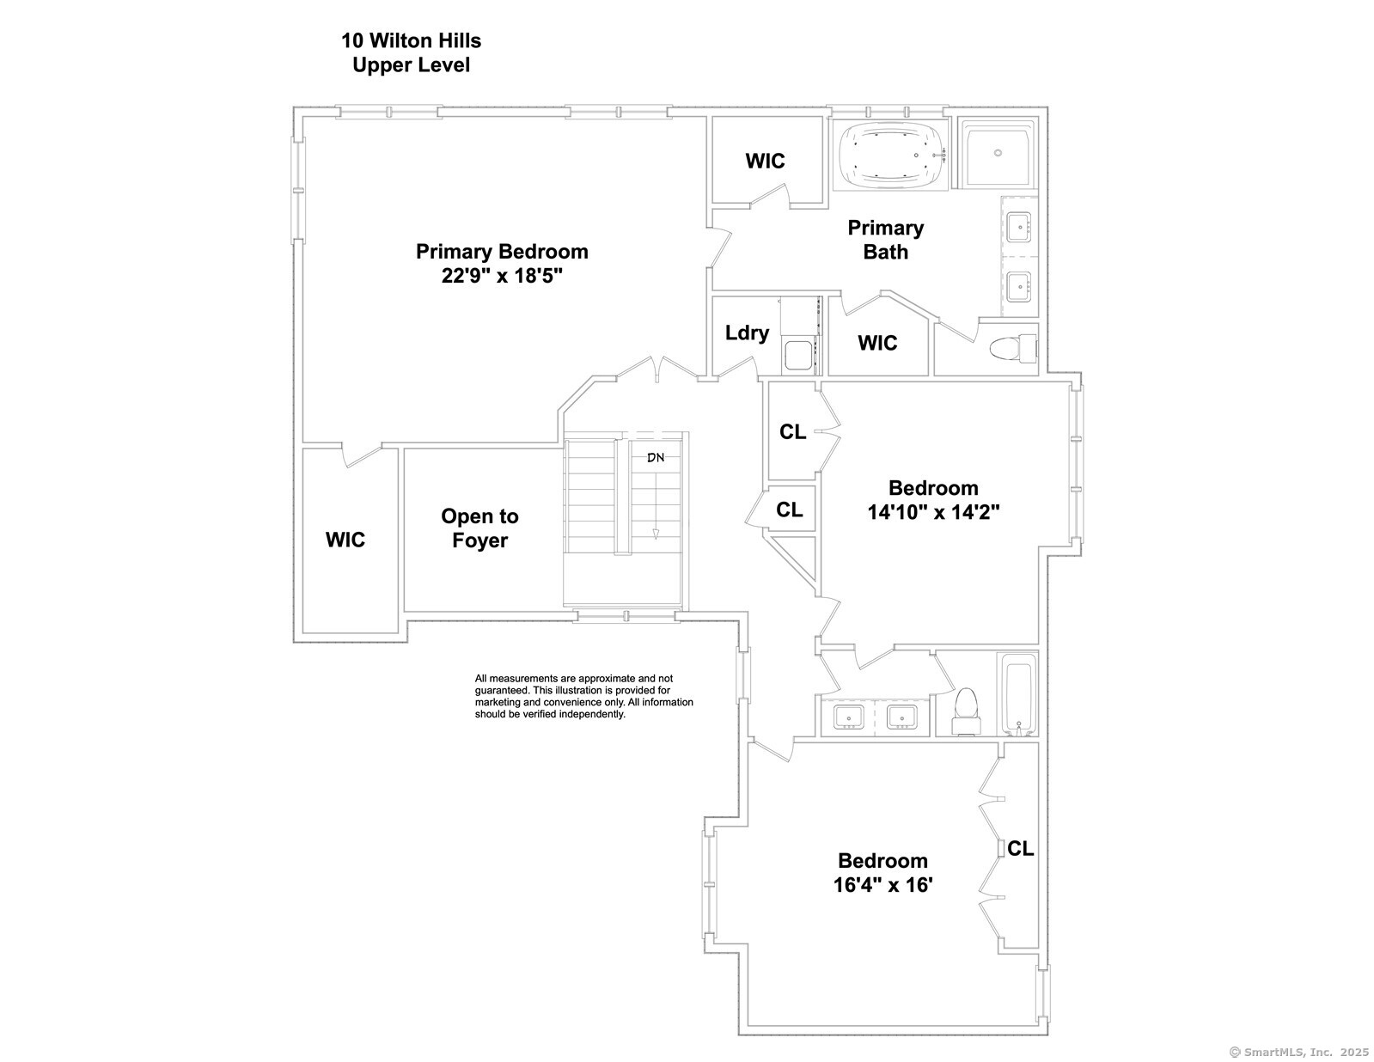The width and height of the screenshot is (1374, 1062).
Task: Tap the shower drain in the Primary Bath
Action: pos(998,152)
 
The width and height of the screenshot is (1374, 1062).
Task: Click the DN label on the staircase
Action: pos(656,457)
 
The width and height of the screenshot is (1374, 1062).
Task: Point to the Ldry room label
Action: pos(747,333)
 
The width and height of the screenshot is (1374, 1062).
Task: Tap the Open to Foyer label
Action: pos(479,528)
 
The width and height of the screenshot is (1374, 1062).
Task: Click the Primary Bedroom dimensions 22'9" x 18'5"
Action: pos(502,277)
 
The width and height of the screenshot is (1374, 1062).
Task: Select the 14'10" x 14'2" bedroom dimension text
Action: pos(933,512)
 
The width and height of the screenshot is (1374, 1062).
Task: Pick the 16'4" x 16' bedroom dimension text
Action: pos(882,885)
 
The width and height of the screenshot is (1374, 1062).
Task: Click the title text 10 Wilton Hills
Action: pos(411,40)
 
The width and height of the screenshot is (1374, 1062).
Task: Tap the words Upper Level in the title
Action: pos(411,65)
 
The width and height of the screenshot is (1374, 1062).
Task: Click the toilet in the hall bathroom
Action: pos(966,711)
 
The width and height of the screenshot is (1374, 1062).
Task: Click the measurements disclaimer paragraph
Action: pos(583,696)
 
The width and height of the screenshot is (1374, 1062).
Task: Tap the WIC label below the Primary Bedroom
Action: pos(345,540)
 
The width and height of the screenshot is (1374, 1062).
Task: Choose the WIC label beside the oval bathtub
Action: pos(765,162)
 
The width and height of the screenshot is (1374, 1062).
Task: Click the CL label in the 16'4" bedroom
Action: pos(1021,848)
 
